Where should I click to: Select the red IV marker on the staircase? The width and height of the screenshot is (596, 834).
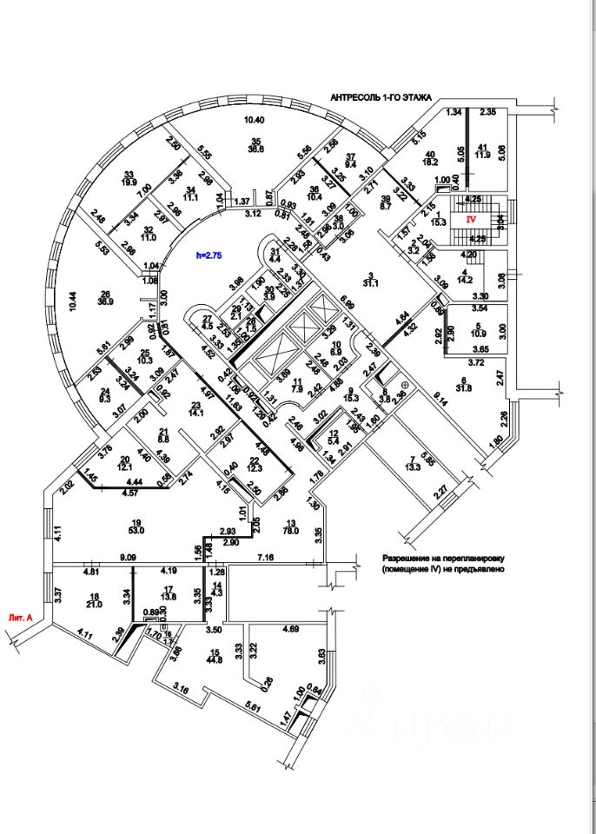point(473,220)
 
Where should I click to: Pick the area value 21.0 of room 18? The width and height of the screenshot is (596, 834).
point(95,606)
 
